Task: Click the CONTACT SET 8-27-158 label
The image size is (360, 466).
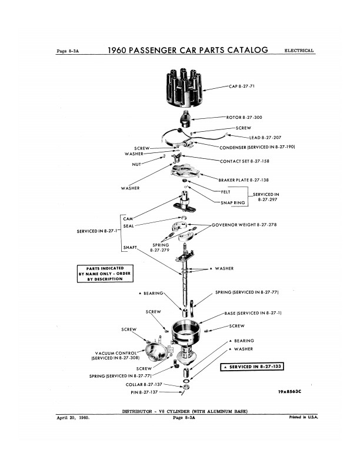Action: point(244,161)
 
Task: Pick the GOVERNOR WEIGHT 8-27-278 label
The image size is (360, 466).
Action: point(244,225)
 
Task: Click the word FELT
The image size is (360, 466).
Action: point(225,191)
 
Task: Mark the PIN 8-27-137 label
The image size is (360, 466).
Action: point(144,391)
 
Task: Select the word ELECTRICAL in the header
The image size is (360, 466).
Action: point(299,51)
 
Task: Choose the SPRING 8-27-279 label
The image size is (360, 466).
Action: point(160,247)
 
